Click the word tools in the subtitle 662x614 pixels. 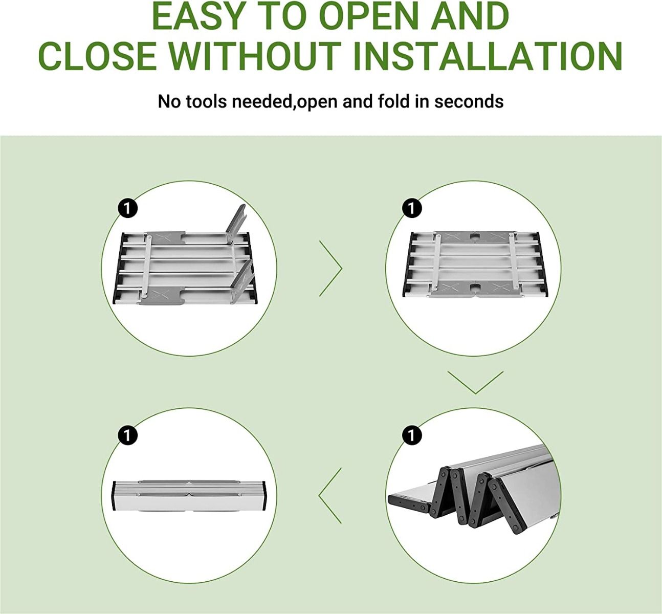click(x=206, y=101)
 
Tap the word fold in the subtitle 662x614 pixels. click(x=393, y=101)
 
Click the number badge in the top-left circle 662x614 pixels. click(x=127, y=208)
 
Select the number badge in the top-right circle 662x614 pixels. click(x=412, y=208)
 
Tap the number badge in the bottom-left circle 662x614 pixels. click(x=127, y=435)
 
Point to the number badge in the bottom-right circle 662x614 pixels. click(x=412, y=435)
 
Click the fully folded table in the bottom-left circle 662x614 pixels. click(x=189, y=496)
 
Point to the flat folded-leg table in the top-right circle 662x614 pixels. click(x=474, y=265)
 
